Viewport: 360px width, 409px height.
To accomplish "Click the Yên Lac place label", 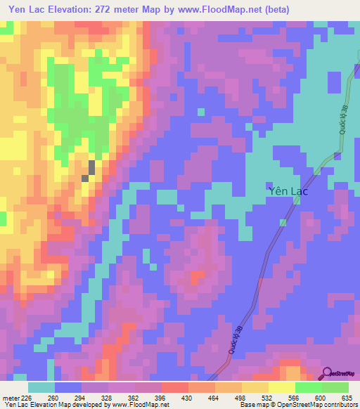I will (288, 190).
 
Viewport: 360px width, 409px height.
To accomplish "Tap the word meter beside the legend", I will (11, 397).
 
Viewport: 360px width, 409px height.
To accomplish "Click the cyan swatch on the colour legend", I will (41, 387).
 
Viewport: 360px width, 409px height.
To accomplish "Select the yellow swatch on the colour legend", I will (281, 387).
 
